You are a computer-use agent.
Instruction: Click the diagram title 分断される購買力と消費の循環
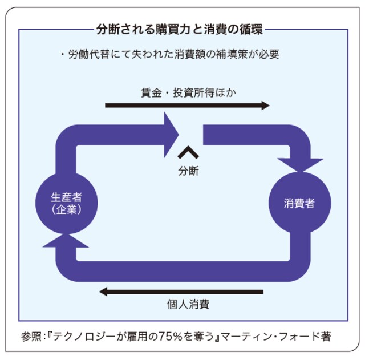click(x=182, y=29)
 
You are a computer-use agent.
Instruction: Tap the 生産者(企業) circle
click(x=66, y=203)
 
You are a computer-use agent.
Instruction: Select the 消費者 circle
click(x=299, y=203)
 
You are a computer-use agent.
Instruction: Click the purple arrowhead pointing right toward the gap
click(x=172, y=135)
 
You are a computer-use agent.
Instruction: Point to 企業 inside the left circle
click(x=66, y=209)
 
